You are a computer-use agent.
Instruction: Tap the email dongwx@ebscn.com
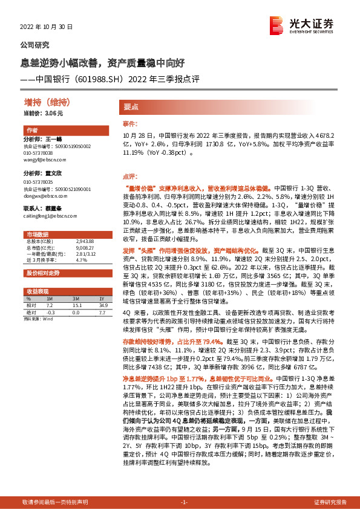[x=41, y=196]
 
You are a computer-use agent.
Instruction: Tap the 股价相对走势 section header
[x=42, y=273]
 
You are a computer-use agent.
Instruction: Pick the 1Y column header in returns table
[x=102, y=299]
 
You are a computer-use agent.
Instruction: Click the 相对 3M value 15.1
[x=77, y=306]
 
